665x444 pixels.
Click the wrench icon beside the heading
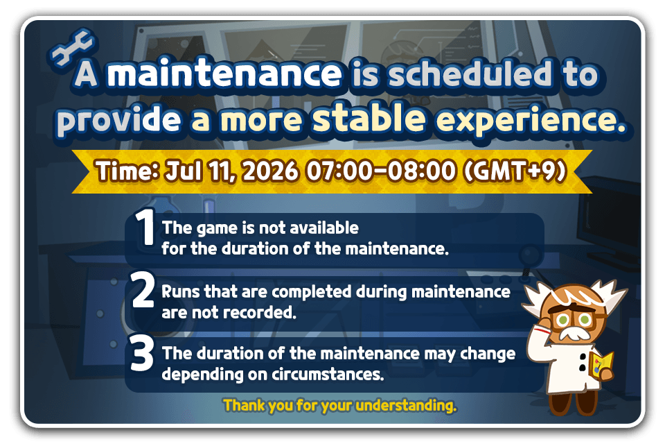point(72,48)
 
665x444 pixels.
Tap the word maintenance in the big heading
point(224,74)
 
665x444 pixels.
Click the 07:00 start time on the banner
point(339,171)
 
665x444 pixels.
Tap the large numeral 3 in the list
point(142,352)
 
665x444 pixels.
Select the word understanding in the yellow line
point(406,406)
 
